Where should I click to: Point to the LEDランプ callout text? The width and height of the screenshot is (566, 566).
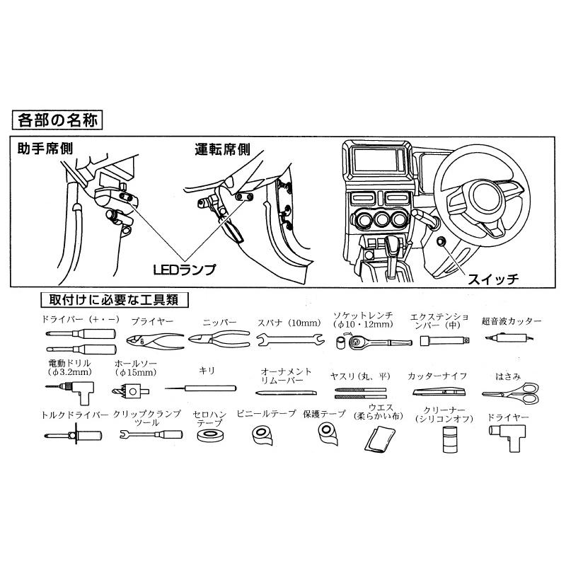point(184,270)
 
